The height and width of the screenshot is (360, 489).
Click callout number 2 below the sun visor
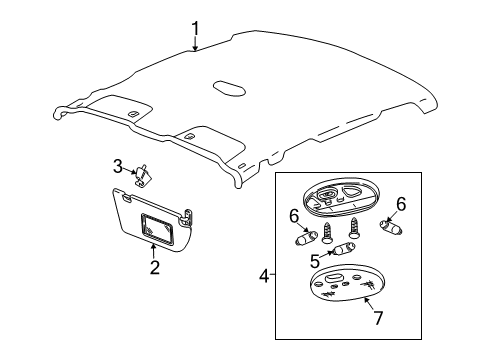154,266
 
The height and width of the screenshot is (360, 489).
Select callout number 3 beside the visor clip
117,165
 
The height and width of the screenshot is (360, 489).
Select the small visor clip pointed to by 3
143,175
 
